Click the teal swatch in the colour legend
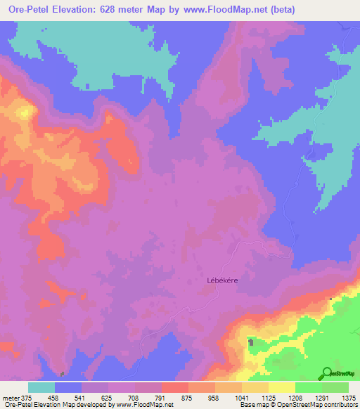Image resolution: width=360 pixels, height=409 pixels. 41,387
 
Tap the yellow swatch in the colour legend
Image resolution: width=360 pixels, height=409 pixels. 282,387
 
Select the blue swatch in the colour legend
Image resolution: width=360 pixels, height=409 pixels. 68,387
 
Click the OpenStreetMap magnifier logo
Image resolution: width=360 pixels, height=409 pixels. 327,373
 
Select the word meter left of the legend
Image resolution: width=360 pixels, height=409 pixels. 8,397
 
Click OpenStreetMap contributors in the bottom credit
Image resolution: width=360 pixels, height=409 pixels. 320,405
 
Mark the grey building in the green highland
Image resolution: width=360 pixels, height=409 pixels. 251,342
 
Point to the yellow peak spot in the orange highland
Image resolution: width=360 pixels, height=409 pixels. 26,111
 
